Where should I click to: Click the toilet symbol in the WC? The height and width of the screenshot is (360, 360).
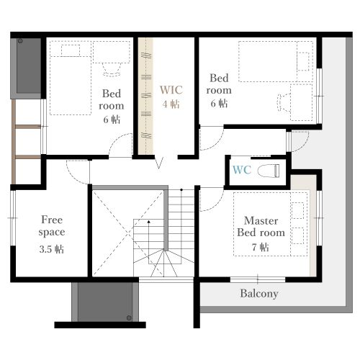[x=269, y=171]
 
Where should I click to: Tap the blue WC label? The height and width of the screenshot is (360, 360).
[x=242, y=170]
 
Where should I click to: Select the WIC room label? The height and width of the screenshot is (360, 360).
[x=171, y=90]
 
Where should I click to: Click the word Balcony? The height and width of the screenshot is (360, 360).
[x=259, y=294]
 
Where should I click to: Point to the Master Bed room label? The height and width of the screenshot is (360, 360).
[x=261, y=227]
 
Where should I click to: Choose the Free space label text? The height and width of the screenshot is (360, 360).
[x=52, y=226]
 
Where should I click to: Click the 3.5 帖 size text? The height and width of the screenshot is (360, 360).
[x=52, y=249]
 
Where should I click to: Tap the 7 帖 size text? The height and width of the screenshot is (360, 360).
[x=261, y=247]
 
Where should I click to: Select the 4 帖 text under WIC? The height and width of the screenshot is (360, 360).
[x=171, y=104]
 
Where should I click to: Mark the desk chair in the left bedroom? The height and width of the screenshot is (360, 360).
[x=112, y=69]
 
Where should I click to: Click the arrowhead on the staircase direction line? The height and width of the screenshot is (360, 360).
[x=149, y=222]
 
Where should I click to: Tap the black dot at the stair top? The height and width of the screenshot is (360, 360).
[x=181, y=190]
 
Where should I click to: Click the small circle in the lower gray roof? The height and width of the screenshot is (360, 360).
[x=129, y=318]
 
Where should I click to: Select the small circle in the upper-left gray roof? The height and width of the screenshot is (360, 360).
[x=20, y=41]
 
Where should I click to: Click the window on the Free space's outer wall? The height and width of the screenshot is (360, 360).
[x=13, y=218]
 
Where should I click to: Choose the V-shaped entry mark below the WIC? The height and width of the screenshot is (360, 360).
[x=159, y=163]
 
